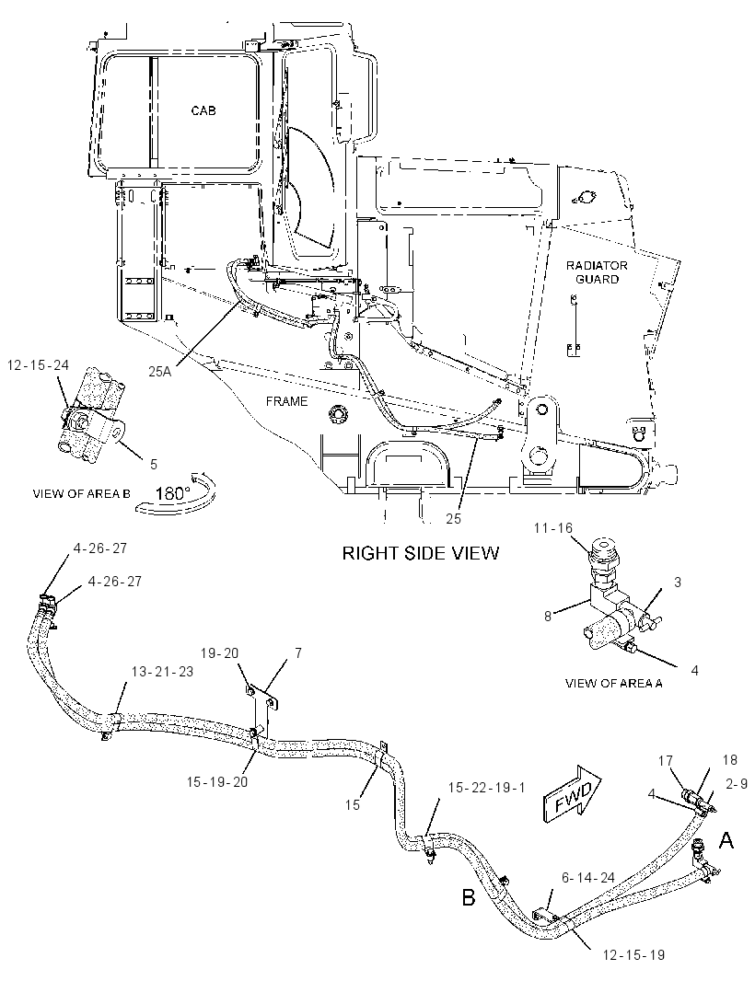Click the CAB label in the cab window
click(203, 110)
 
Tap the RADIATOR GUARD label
click(597, 272)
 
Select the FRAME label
click(286, 401)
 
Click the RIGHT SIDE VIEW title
click(421, 553)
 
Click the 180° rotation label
click(172, 493)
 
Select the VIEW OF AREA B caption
click(81, 493)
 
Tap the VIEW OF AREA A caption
click(613, 683)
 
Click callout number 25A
click(159, 371)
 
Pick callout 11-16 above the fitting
click(553, 528)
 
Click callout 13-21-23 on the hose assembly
click(162, 671)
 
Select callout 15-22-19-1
click(486, 788)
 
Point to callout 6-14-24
click(587, 879)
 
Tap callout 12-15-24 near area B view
click(38, 364)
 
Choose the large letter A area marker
click(726, 840)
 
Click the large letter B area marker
click(469, 898)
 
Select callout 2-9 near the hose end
click(737, 784)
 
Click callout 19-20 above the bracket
click(219, 653)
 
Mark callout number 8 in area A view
click(548, 616)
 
